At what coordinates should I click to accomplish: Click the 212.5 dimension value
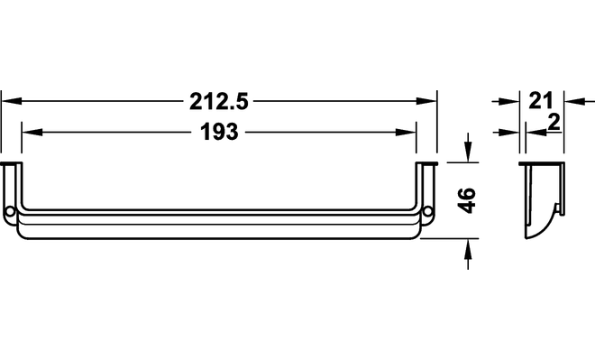pyautogui.click(x=218, y=102)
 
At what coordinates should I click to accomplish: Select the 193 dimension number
pyautogui.click(x=219, y=132)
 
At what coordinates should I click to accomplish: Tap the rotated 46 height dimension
pyautogui.click(x=467, y=200)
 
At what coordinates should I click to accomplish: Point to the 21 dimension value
pyautogui.click(x=541, y=101)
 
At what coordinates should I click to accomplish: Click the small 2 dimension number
pyautogui.click(x=554, y=123)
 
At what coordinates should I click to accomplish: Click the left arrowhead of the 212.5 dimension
pyautogui.click(x=12, y=101)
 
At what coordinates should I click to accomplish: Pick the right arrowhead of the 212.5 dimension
pyautogui.click(x=426, y=101)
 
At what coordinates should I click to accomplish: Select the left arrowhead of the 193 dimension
pyautogui.click(x=32, y=132)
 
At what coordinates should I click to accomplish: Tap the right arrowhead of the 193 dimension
pyautogui.click(x=406, y=132)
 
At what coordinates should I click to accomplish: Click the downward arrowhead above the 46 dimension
pyautogui.click(x=469, y=152)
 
